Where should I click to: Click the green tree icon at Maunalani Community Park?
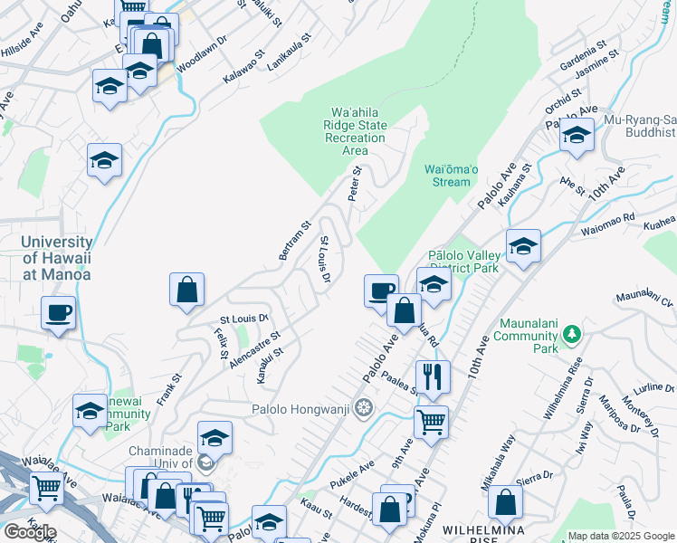tap(570, 334)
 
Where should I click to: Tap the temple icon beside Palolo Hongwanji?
tap(364, 408)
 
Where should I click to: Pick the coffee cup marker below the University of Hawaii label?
tap(59, 312)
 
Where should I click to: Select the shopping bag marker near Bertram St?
tap(186, 291)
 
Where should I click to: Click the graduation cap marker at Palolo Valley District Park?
tap(523, 245)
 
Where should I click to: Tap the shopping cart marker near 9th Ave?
tap(431, 420)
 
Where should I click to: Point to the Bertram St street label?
tap(295, 240)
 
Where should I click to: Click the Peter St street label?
tap(357, 183)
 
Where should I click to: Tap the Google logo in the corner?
tap(30, 531)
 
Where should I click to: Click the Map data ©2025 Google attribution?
tap(621, 536)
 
